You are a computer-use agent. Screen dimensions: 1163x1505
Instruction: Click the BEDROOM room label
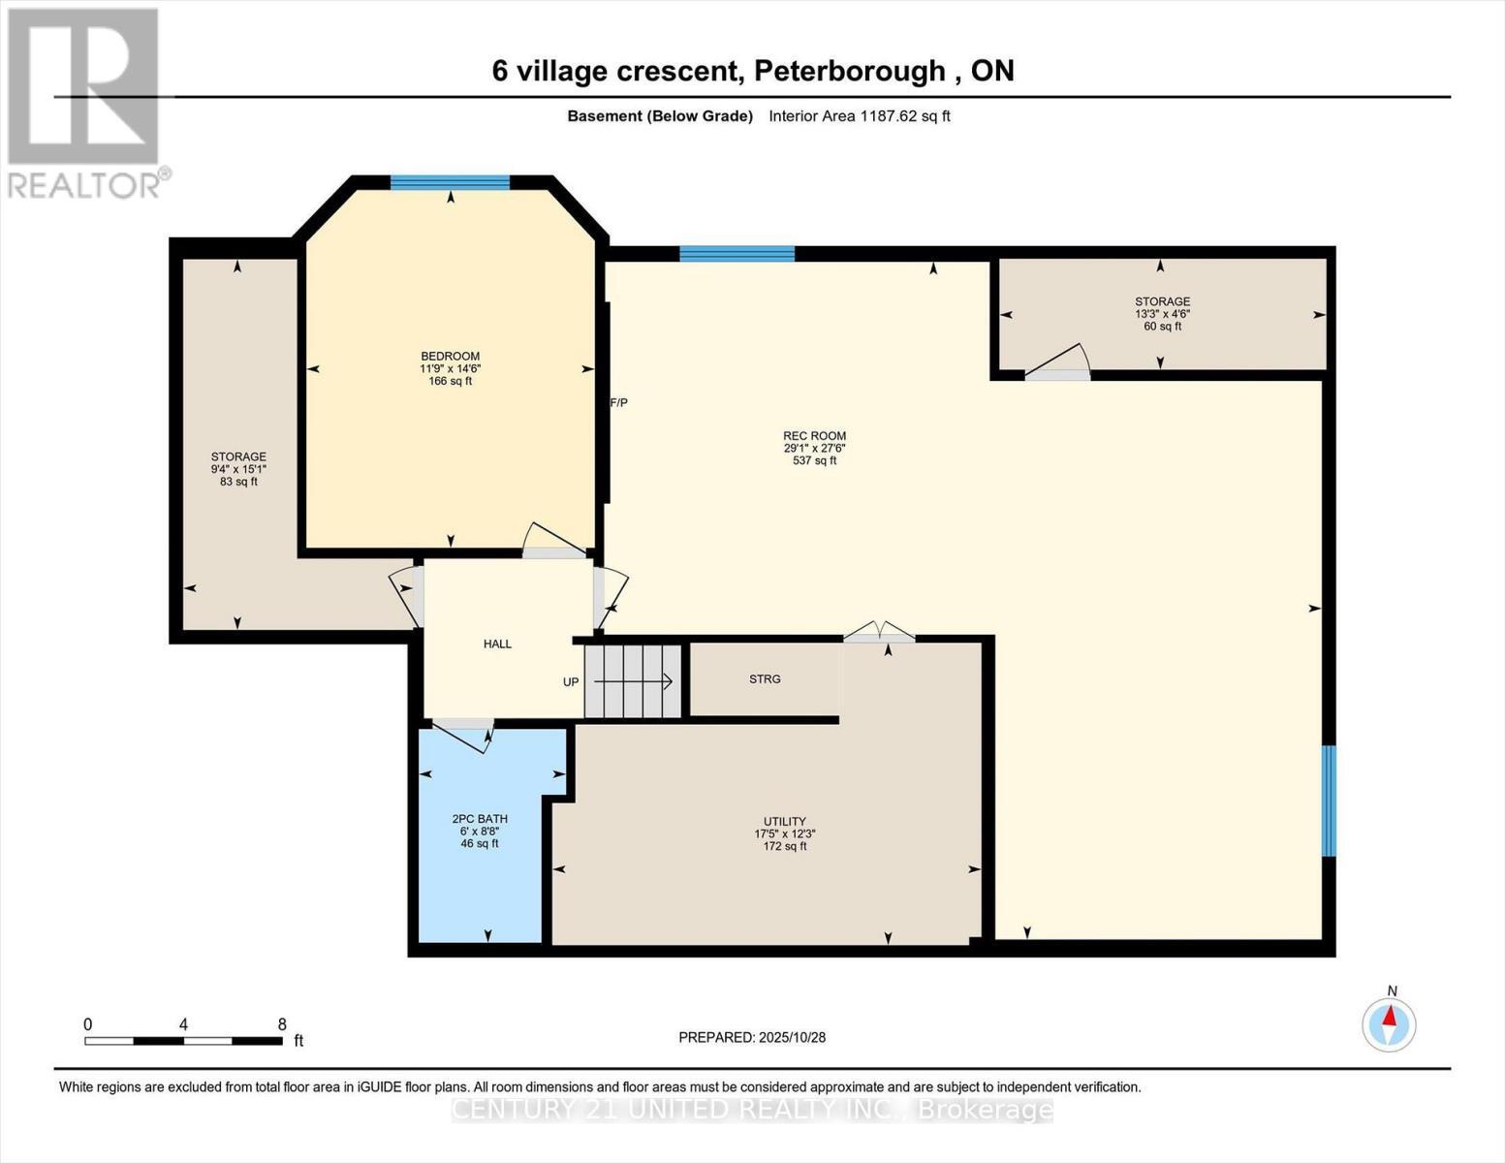click(450, 357)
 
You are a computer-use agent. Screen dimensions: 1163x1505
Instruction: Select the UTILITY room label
click(784, 821)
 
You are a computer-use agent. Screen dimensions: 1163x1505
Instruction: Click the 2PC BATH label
click(480, 819)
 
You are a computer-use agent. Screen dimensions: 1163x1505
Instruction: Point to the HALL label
click(497, 644)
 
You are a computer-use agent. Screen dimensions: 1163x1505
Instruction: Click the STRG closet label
click(765, 679)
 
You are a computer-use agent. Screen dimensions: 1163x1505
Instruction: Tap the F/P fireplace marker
click(618, 402)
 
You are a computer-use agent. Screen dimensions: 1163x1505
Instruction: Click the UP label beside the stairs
click(571, 682)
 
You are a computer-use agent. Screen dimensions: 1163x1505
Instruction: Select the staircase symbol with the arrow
click(635, 681)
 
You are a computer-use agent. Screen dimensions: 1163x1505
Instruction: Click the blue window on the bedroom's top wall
click(450, 182)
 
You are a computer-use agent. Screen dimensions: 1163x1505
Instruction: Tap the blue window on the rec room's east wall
click(1330, 801)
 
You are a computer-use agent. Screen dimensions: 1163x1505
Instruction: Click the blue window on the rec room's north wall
click(737, 254)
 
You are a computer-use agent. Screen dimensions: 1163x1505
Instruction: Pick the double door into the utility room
click(879, 633)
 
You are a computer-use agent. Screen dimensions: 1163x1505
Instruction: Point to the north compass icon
click(1390, 1023)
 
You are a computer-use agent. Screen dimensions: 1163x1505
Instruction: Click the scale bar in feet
click(183, 1041)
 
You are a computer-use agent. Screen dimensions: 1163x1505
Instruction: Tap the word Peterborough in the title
click(849, 71)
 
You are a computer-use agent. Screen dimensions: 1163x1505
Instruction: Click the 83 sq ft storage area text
click(238, 482)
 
